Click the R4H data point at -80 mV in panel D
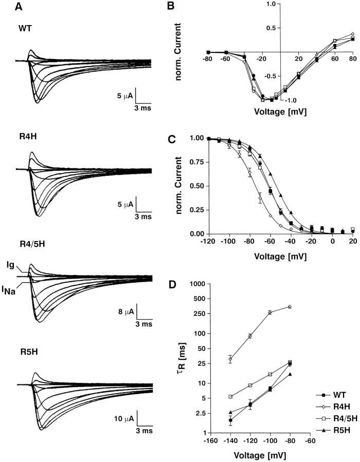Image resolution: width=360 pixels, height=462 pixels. [x=290, y=307]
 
